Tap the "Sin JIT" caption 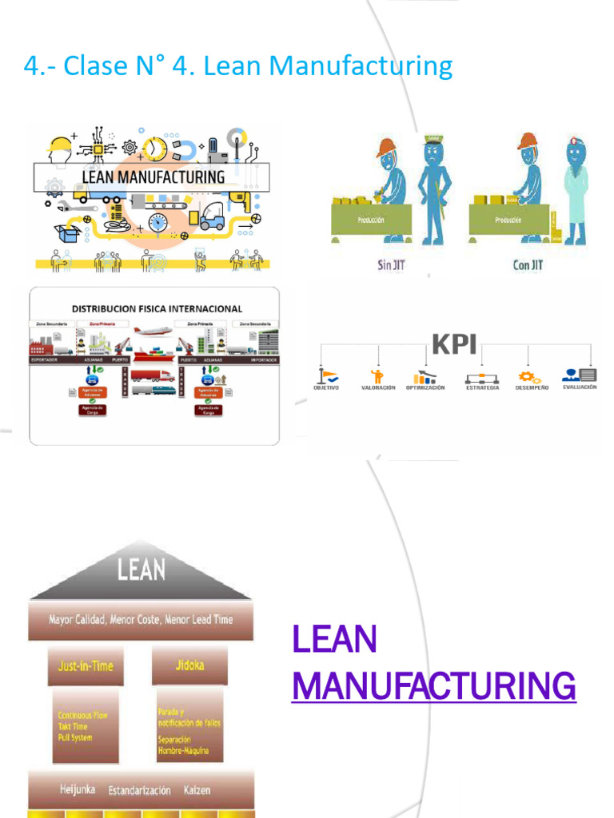[x=391, y=264]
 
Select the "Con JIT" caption [x=528, y=264]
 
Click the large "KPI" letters [x=454, y=344]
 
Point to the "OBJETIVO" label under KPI [x=326, y=387]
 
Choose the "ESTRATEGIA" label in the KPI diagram [x=482, y=387]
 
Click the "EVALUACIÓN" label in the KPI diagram [x=580, y=387]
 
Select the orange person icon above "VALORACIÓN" [x=377, y=375]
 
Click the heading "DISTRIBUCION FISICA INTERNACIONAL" [x=157, y=308]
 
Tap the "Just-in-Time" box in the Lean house [x=86, y=665]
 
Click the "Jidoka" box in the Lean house [x=189, y=665]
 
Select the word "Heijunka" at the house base [x=78, y=789]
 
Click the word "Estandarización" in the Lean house [x=139, y=791]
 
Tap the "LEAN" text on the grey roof [x=142, y=570]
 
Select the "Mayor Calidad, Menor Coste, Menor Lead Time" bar [x=141, y=620]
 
